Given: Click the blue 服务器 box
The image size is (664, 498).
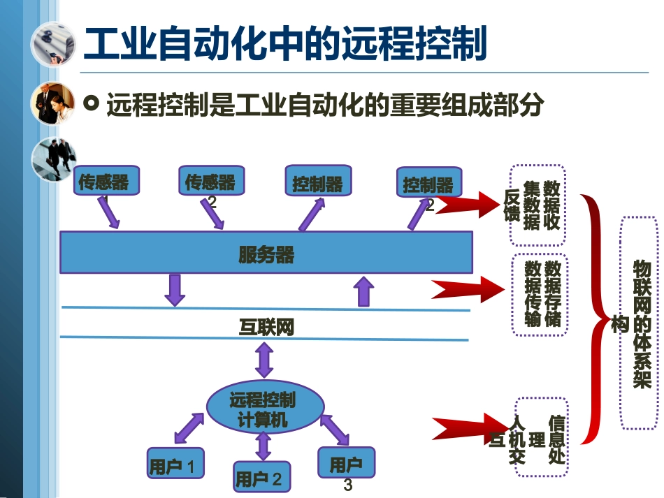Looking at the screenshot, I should pos(266,252).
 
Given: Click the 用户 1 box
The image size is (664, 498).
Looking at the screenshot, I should pos(175,464).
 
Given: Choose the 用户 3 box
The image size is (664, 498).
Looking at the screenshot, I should pos(345,464).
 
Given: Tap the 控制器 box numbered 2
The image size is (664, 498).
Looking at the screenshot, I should pos(428,184).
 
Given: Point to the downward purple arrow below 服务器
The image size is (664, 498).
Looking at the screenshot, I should pos(175,289).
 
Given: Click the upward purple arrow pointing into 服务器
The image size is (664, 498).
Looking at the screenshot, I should pos(362,291).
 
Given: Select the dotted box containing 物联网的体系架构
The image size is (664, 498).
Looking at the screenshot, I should pos(639,322).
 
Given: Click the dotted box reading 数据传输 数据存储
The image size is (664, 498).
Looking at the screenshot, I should pos(539,294).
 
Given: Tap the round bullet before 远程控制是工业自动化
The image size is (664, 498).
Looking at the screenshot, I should pos(90,104).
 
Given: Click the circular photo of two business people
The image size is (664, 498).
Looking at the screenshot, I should pos(53,103).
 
